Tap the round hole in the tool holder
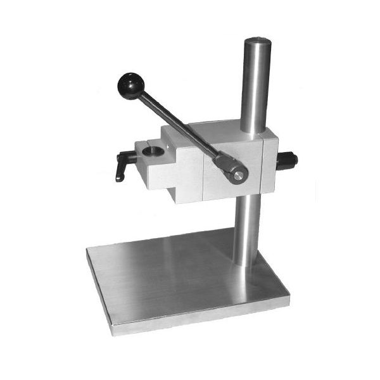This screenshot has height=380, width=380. [153, 152]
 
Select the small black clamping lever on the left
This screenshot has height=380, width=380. [122, 167]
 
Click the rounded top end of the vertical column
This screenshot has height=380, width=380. [257, 42]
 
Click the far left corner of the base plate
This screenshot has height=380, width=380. [87, 250]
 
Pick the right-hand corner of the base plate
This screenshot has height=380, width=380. [288, 293]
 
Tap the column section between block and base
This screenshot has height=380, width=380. [247, 228]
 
